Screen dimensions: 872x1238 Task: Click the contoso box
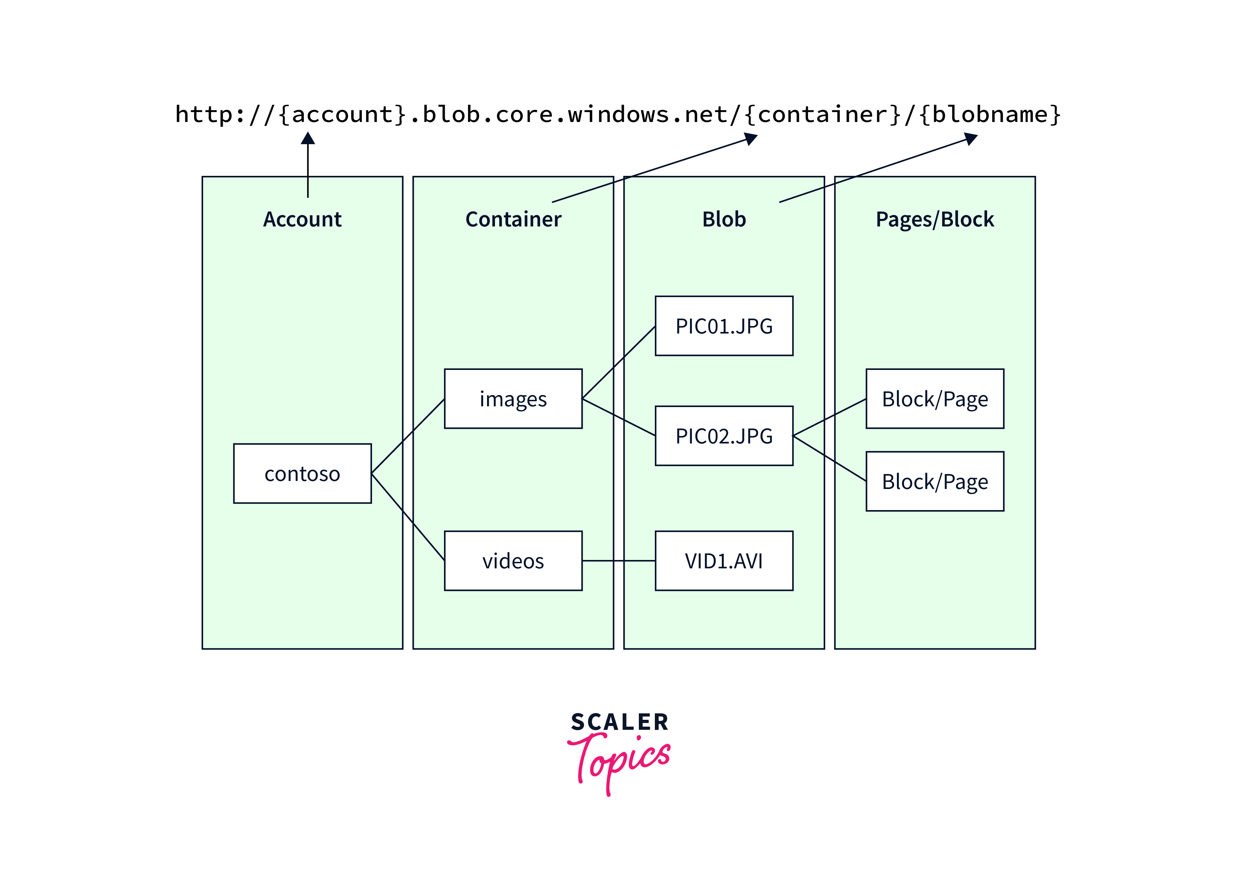click(302, 473)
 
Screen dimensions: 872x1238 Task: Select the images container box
click(513, 399)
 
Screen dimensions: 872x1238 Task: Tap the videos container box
click(513, 561)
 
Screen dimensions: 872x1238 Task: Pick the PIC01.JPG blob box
click(724, 326)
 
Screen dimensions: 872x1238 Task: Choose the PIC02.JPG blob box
click(724, 436)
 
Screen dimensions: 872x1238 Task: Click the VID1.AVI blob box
click(724, 561)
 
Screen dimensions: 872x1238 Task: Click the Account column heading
click(302, 219)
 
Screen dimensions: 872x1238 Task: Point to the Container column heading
click(513, 219)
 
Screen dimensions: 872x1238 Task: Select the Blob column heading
click(724, 219)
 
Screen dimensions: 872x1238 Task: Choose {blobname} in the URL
click(990, 114)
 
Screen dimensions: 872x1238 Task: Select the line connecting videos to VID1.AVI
click(618, 561)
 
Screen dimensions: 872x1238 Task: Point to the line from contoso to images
click(408, 436)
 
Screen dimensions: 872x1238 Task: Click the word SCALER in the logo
click(620, 722)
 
